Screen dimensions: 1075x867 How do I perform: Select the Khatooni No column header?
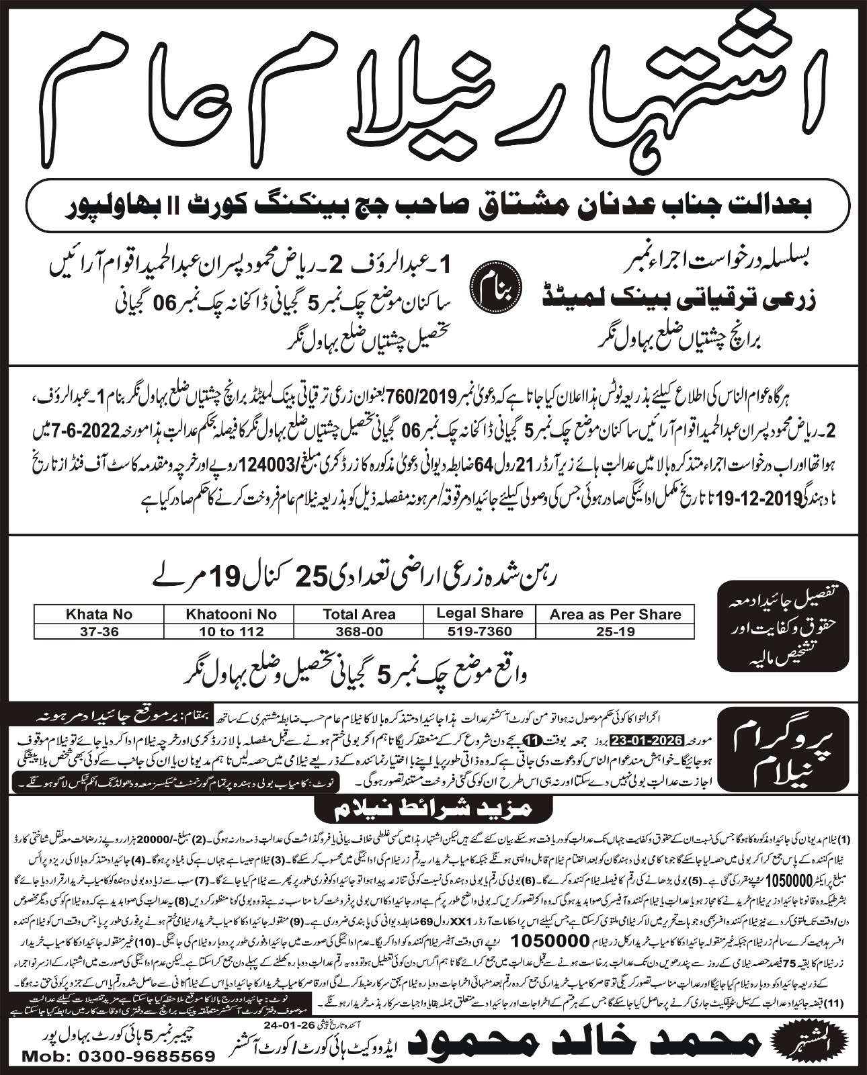231,614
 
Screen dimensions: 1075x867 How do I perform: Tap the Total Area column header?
359,614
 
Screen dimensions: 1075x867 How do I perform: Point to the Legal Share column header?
479,613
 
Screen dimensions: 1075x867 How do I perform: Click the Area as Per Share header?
615,614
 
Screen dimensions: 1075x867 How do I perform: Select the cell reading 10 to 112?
231,632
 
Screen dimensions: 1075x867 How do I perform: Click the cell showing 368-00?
359,632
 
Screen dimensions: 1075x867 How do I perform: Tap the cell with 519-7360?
479,632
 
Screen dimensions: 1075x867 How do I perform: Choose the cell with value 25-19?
615,632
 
